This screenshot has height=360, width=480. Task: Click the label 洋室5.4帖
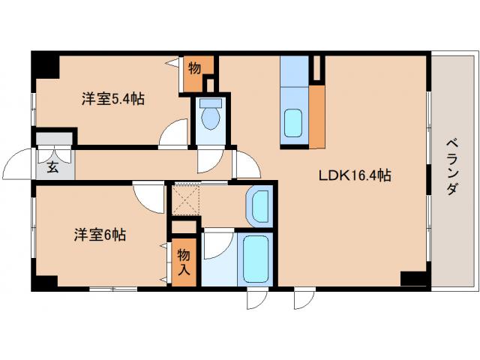point(112,98)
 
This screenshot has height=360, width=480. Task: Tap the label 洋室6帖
point(99,234)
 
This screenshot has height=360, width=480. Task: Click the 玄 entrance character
point(53,167)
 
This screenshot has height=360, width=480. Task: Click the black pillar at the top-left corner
point(45,66)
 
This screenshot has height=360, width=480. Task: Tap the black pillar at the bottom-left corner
point(43,283)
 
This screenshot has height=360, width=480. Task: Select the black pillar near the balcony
point(415,278)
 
